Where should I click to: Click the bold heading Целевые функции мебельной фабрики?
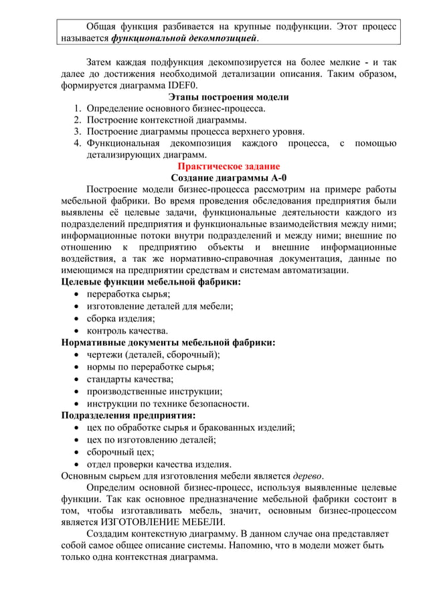click(151, 282)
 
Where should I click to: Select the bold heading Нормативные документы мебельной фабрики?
click(168, 342)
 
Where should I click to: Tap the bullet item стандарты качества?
click(131, 379)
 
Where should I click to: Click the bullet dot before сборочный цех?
click(76, 452)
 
